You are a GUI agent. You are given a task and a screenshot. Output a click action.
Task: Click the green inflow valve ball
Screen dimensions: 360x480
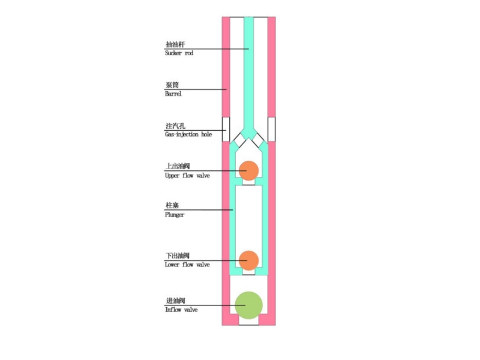tap(248, 304)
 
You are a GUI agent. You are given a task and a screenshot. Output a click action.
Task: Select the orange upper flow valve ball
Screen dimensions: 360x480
tap(248, 170)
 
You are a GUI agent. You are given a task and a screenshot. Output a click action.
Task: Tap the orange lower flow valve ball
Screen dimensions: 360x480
tap(248, 260)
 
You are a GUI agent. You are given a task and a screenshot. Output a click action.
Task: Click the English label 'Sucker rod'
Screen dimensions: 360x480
tap(179, 53)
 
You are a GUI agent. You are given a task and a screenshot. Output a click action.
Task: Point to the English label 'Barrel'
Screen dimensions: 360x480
tap(173, 94)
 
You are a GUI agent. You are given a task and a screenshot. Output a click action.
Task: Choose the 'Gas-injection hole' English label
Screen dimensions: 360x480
tap(188, 134)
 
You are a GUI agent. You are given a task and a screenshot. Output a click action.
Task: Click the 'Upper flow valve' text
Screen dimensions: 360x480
tap(187, 176)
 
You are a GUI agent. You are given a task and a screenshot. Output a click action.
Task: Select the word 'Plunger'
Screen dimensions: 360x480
tap(175, 215)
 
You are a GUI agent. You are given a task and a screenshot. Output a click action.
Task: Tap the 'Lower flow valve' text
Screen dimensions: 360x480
tap(187, 265)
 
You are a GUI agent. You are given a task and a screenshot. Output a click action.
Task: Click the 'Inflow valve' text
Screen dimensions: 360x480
tap(181, 310)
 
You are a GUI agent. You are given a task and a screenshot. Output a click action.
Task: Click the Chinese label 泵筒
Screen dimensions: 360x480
tap(172, 86)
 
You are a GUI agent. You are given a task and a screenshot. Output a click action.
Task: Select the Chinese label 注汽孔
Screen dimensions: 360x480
tap(174, 127)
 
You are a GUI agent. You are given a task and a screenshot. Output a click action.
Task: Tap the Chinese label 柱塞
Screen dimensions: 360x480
tap(172, 206)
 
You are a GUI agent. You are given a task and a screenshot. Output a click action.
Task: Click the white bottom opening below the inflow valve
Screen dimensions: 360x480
tap(248, 321)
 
